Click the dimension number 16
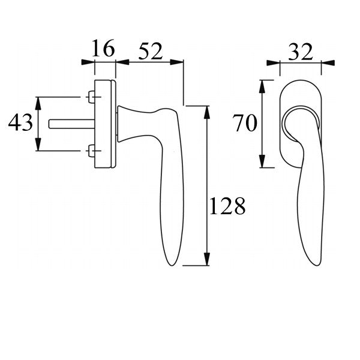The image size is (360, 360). pyautogui.click(x=103, y=49)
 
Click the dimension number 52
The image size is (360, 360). pyautogui.click(x=151, y=52)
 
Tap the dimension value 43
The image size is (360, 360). pyautogui.click(x=20, y=124)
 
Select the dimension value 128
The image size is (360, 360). pyautogui.click(x=227, y=206)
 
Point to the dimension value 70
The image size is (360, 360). pyautogui.click(x=245, y=124)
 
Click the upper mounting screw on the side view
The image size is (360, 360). pyautogui.click(x=91, y=97)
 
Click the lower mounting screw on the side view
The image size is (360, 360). pyautogui.click(x=91, y=150)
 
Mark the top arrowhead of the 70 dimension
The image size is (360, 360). pyautogui.click(x=262, y=84)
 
